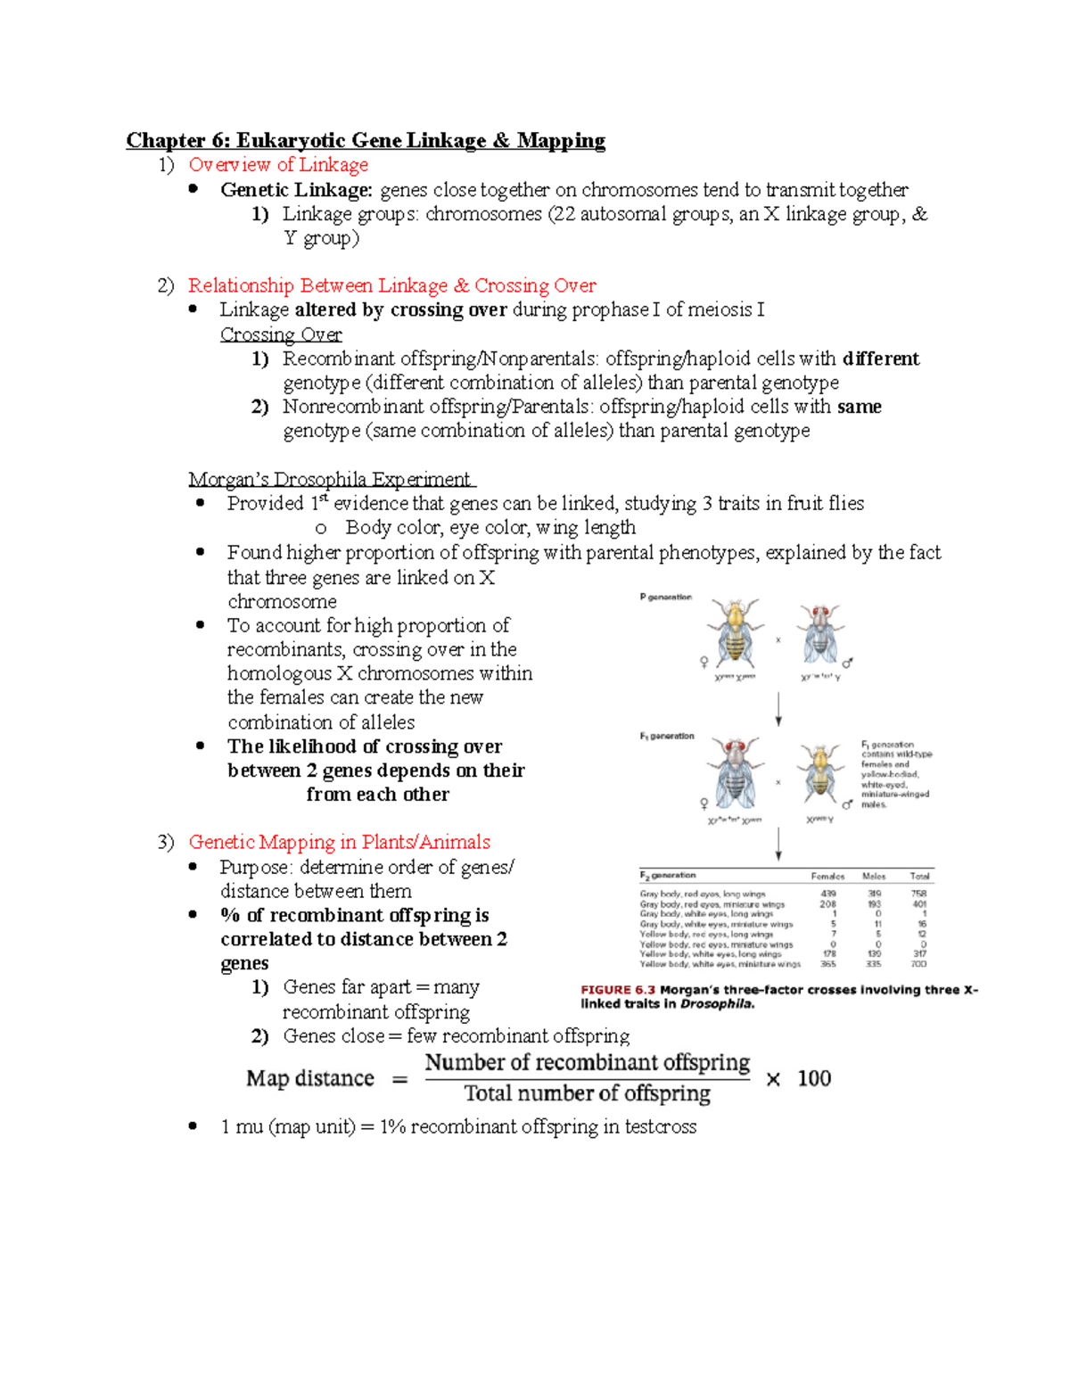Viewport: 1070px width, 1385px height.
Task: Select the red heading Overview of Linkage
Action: [278, 165]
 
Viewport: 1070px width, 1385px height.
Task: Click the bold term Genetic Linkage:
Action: [296, 190]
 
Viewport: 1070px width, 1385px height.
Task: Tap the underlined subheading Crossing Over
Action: [281, 334]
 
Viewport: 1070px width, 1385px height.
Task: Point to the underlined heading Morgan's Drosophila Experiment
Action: [330, 480]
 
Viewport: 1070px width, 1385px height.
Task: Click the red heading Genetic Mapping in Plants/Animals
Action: [339, 842]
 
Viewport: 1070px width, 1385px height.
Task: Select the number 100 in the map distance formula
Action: [813, 1078]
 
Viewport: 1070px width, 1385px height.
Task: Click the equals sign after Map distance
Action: [400, 1079]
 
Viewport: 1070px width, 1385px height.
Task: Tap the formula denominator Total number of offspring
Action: [587, 1093]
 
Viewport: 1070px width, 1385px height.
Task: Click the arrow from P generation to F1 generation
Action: [778, 708]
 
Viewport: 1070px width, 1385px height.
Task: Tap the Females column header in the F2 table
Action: [827, 876]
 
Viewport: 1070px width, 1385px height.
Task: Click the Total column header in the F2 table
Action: [919, 876]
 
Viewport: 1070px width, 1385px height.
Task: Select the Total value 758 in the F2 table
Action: [918, 894]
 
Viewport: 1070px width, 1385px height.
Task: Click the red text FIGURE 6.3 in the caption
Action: [618, 990]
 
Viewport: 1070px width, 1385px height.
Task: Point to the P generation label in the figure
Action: [665, 597]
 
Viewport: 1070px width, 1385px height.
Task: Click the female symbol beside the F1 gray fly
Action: [704, 803]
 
